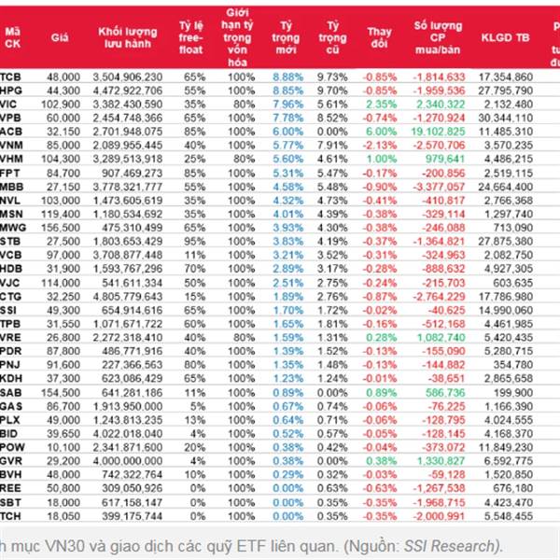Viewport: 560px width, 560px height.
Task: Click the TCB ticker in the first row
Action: pyautogui.click(x=12, y=75)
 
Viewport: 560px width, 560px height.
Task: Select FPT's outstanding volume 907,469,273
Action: pyautogui.click(x=130, y=174)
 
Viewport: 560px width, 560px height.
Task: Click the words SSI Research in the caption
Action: pyautogui.click(x=462, y=545)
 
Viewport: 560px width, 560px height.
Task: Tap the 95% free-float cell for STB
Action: pyautogui.click(x=193, y=241)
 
